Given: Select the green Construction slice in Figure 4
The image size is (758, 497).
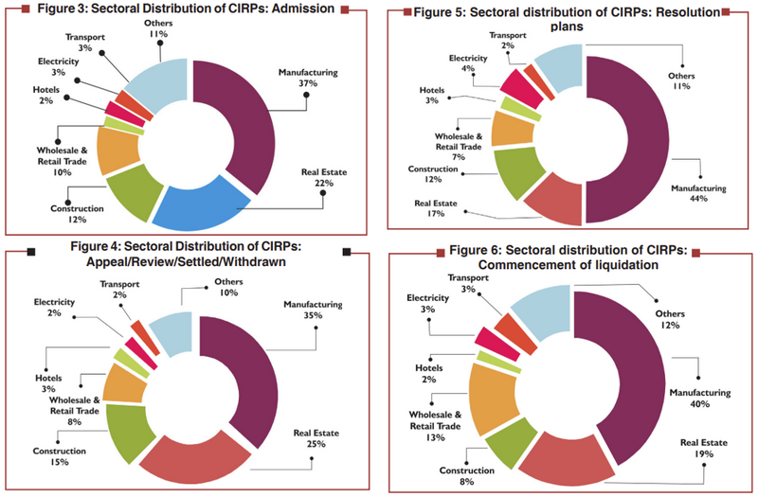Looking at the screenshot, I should click(127, 431).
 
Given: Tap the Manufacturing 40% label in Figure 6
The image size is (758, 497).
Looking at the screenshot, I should click(706, 398).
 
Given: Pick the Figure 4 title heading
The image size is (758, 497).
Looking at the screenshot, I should click(180, 257).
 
